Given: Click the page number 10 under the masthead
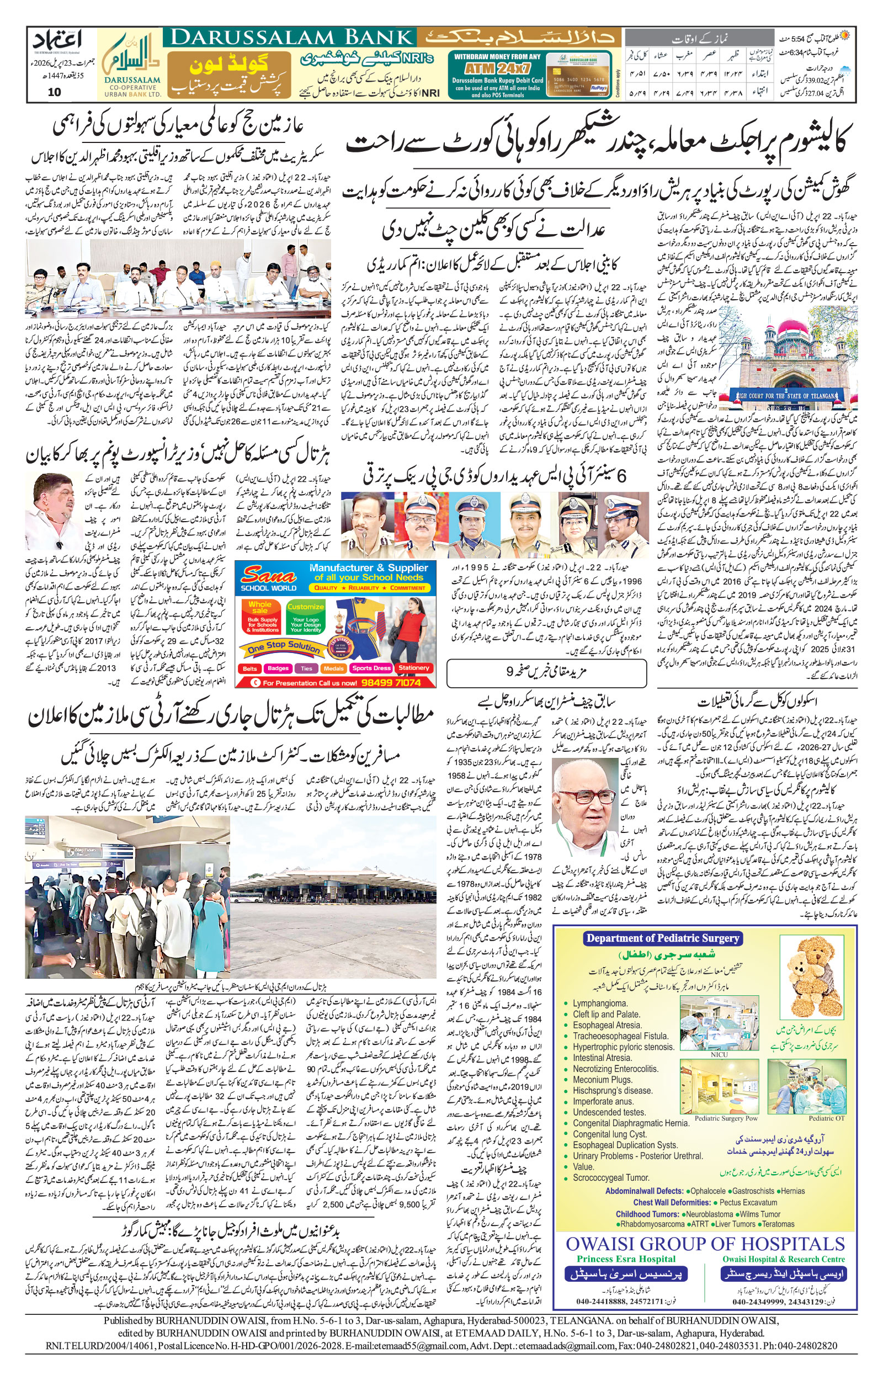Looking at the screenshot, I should tap(55, 92).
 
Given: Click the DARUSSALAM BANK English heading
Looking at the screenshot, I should tap(292, 38).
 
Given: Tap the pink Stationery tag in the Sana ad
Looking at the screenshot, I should tap(413, 668).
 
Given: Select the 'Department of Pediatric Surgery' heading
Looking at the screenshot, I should tap(662, 938).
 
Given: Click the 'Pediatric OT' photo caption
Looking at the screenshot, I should tap(826, 1118).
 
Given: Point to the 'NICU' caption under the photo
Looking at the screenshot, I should tap(719, 1054).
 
